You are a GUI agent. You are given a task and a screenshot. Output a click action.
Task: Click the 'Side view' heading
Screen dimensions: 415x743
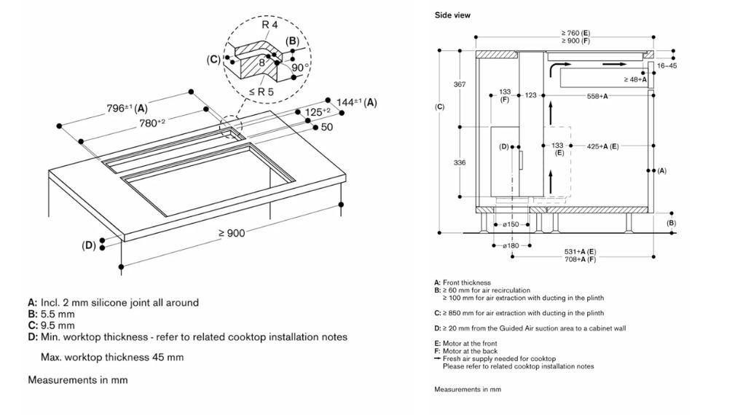point(452,15)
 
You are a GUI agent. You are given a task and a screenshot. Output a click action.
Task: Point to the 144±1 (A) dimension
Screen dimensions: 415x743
point(356,103)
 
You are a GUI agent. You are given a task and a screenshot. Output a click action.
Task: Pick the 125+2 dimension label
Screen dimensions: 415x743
point(318,112)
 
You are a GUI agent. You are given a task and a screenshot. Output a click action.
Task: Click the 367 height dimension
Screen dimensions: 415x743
point(460,85)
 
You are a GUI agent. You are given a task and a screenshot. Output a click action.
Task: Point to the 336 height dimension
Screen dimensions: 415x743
point(460,162)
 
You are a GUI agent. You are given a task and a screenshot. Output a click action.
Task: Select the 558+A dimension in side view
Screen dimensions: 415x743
point(597,95)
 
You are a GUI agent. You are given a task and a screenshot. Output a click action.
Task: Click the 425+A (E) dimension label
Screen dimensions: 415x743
point(602,146)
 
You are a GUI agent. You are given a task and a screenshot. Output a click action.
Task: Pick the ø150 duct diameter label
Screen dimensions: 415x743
point(510,224)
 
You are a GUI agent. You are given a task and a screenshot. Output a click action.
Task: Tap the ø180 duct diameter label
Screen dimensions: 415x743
point(510,246)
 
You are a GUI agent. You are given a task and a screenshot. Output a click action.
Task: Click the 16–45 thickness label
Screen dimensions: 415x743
point(667,66)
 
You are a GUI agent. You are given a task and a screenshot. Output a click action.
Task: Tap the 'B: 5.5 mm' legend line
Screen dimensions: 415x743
point(51,314)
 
